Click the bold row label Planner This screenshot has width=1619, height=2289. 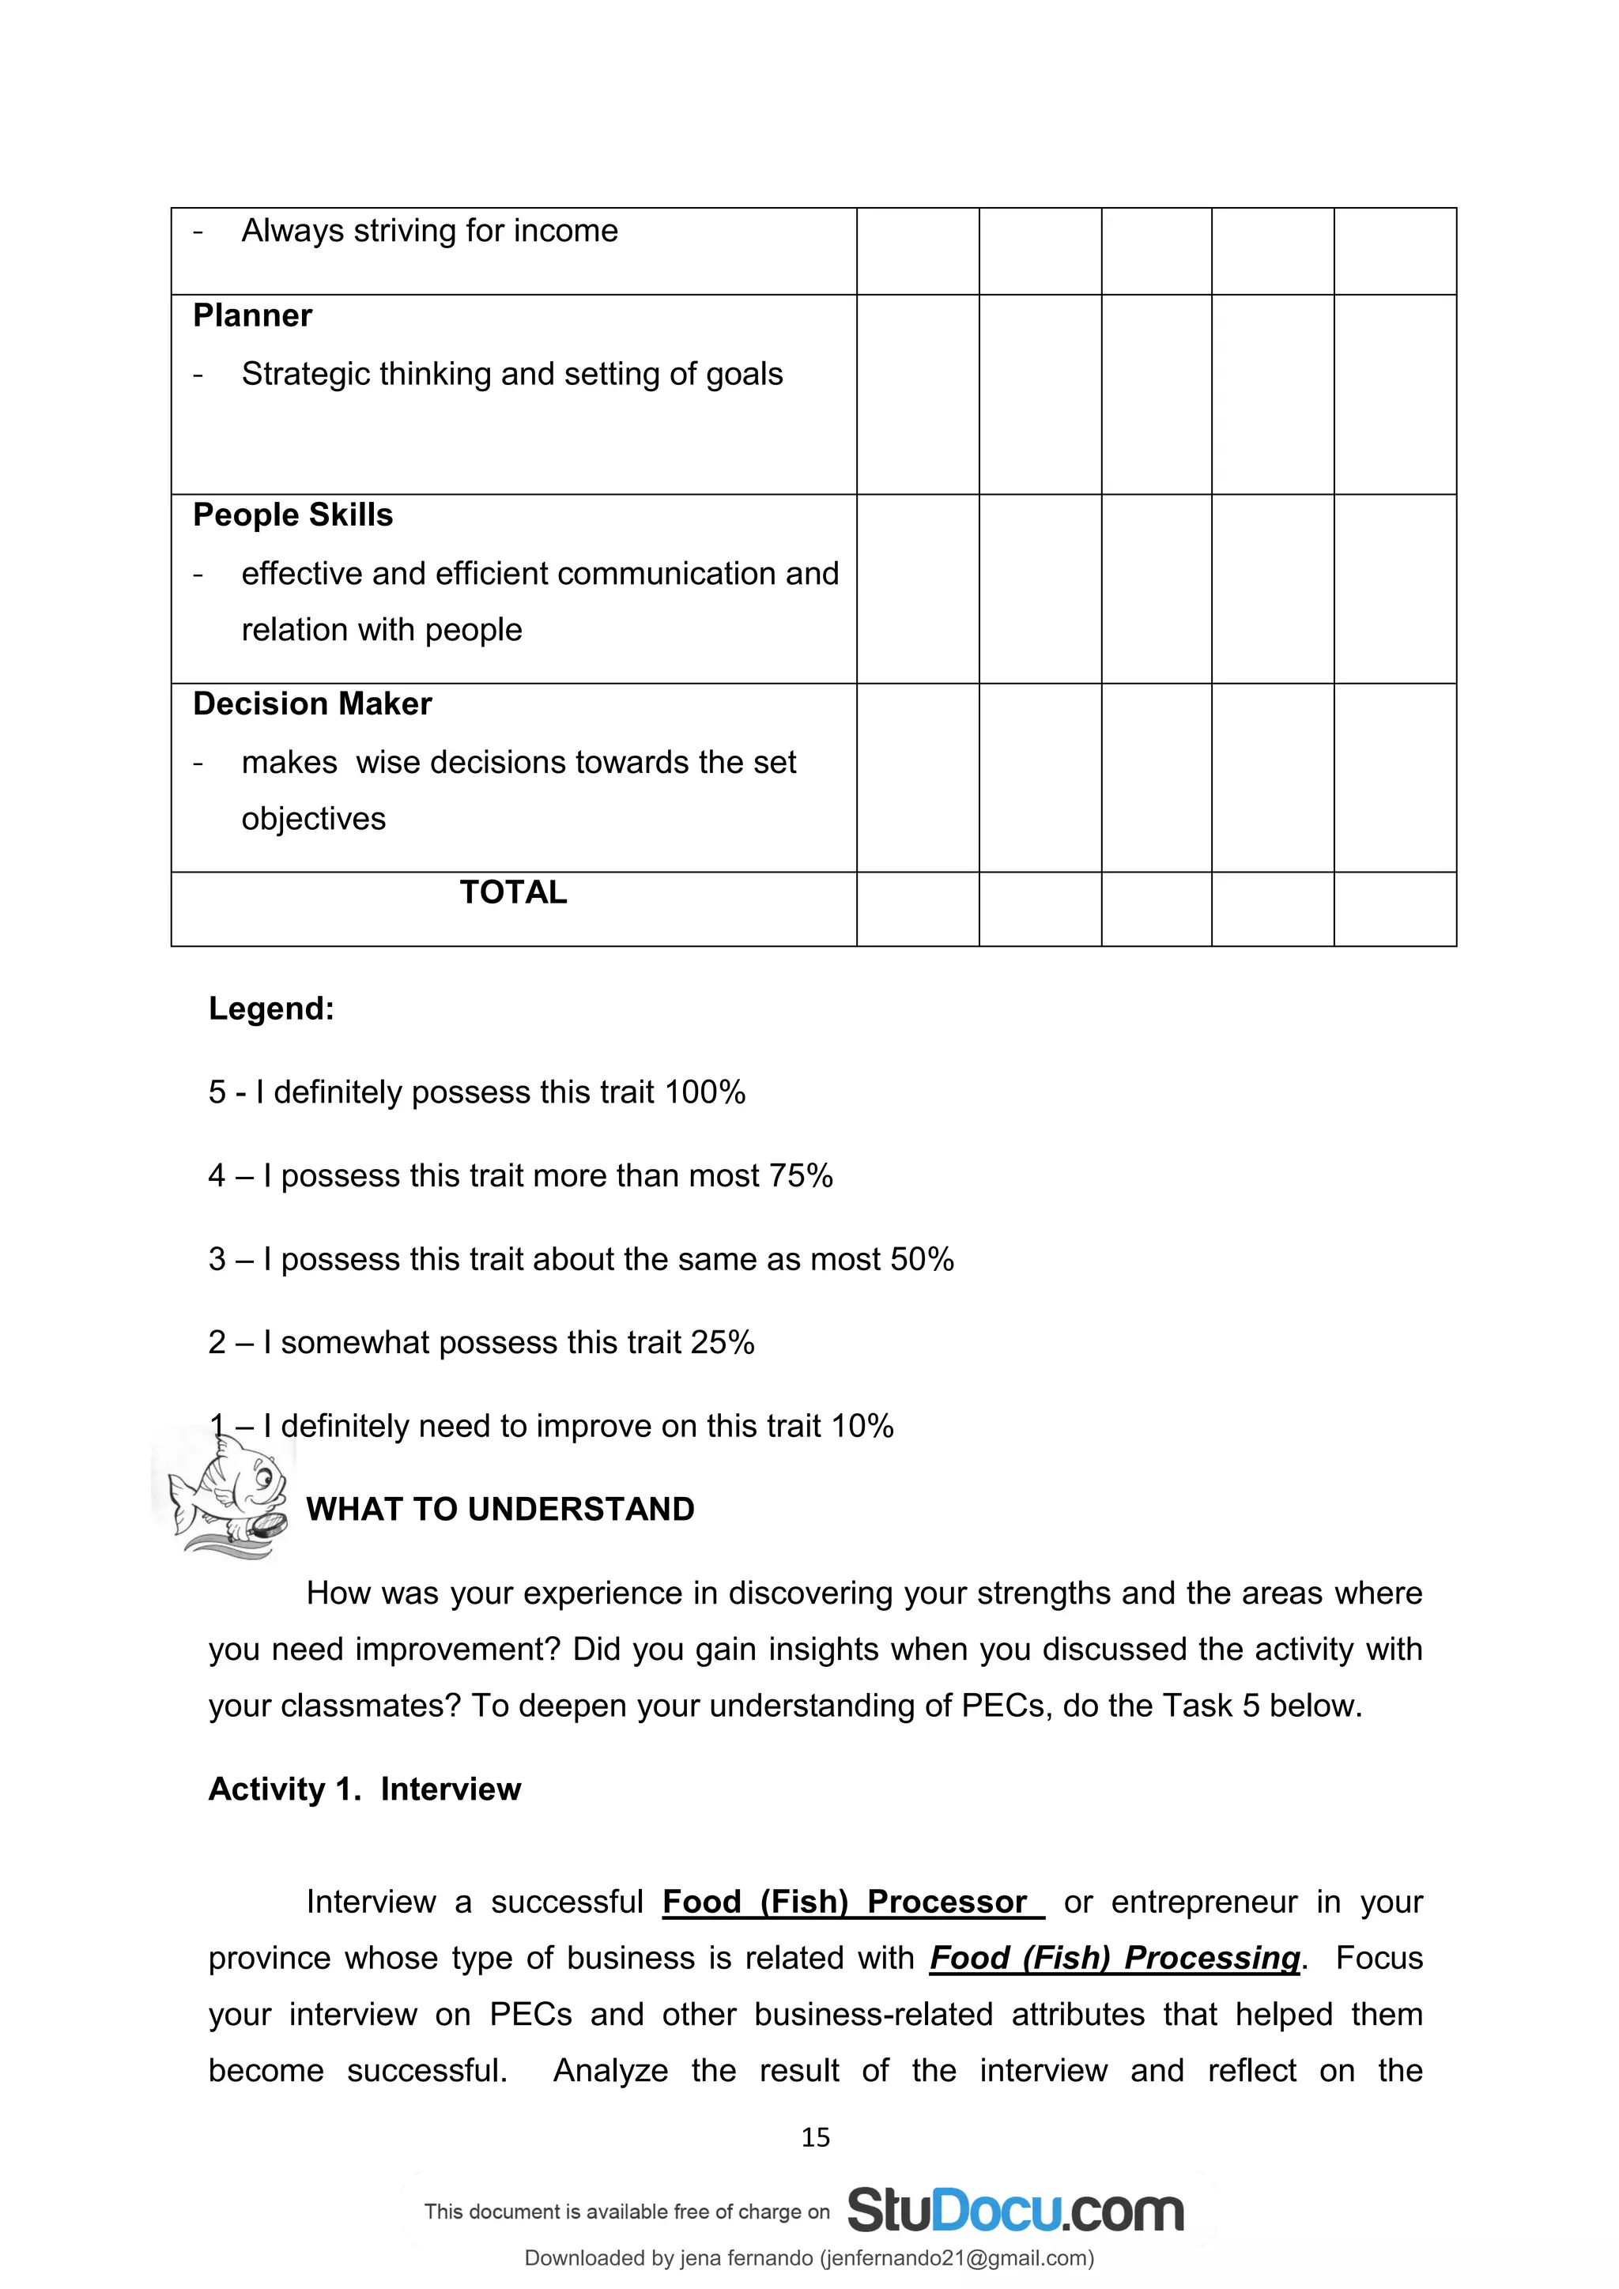[252, 316]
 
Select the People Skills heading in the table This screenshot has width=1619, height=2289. [293, 515]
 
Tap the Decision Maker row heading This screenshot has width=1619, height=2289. [312, 703]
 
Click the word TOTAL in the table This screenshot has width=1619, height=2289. [512, 892]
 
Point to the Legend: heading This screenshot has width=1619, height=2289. [271, 1009]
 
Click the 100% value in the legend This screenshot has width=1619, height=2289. [705, 1092]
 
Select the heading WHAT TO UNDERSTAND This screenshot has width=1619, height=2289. [500, 1510]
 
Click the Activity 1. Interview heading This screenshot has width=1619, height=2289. [364, 1789]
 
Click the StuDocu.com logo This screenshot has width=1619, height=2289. [1014, 2212]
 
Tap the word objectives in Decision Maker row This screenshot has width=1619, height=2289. [313, 819]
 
